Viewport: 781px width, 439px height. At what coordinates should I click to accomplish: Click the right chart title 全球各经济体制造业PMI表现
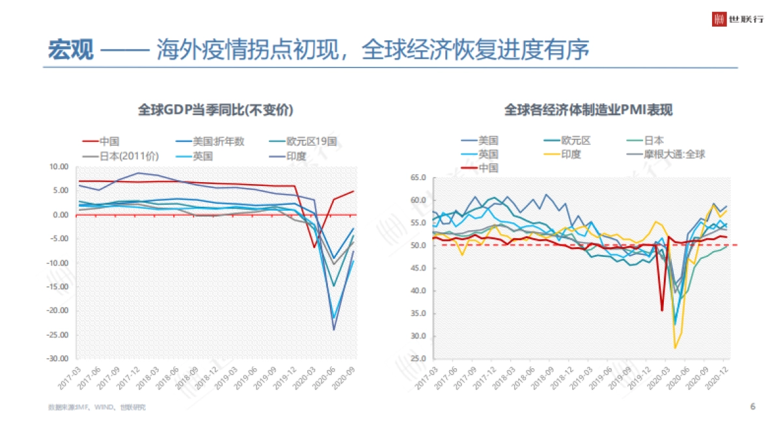pos(588,110)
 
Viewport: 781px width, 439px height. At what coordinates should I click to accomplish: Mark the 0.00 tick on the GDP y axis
pos(60,215)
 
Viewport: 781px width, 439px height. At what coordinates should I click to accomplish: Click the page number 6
pos(752,407)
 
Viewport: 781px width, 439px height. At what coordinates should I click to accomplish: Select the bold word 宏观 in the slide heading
pos(71,50)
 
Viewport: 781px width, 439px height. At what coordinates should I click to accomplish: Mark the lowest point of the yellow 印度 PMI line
pos(675,348)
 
